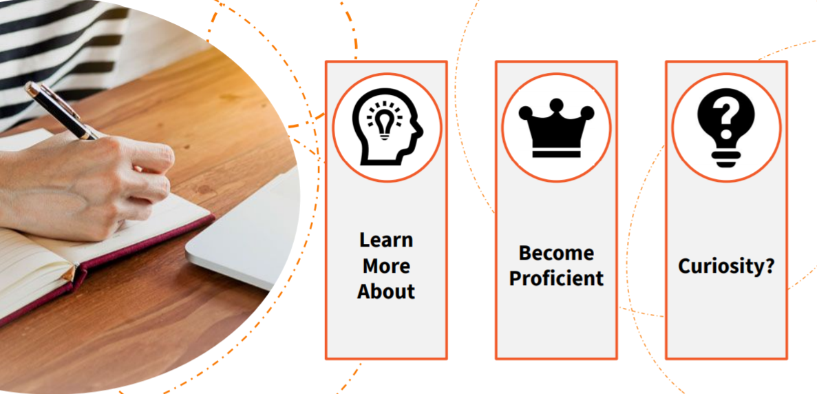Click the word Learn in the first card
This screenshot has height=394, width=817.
coord(386,240)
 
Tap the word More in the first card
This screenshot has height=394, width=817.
coord(386,266)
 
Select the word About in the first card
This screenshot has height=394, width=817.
coord(386,291)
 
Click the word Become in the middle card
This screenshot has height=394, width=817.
coord(556,253)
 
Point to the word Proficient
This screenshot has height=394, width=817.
coord(556,278)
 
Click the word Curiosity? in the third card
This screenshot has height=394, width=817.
coord(726,266)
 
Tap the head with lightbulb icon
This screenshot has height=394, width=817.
coord(387,127)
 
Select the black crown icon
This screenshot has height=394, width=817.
coord(556,127)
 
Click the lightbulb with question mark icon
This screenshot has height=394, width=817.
coord(726,127)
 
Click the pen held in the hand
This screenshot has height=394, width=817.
coord(61,111)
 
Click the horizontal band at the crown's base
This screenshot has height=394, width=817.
coord(556,153)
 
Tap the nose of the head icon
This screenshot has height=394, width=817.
coord(419,127)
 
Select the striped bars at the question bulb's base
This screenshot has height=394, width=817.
coord(726,158)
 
